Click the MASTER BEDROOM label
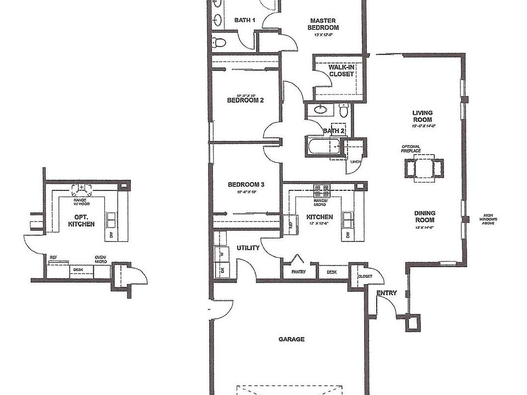323,24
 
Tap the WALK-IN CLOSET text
341,71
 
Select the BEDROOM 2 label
245,100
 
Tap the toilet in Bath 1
220,42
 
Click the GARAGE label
291,340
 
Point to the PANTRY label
299,272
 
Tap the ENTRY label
386,294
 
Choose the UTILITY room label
248,248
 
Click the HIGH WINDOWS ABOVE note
490,219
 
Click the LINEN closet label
356,162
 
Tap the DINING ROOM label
424,217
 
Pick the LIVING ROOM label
422,116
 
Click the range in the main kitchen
322,190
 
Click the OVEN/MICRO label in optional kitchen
100,259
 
